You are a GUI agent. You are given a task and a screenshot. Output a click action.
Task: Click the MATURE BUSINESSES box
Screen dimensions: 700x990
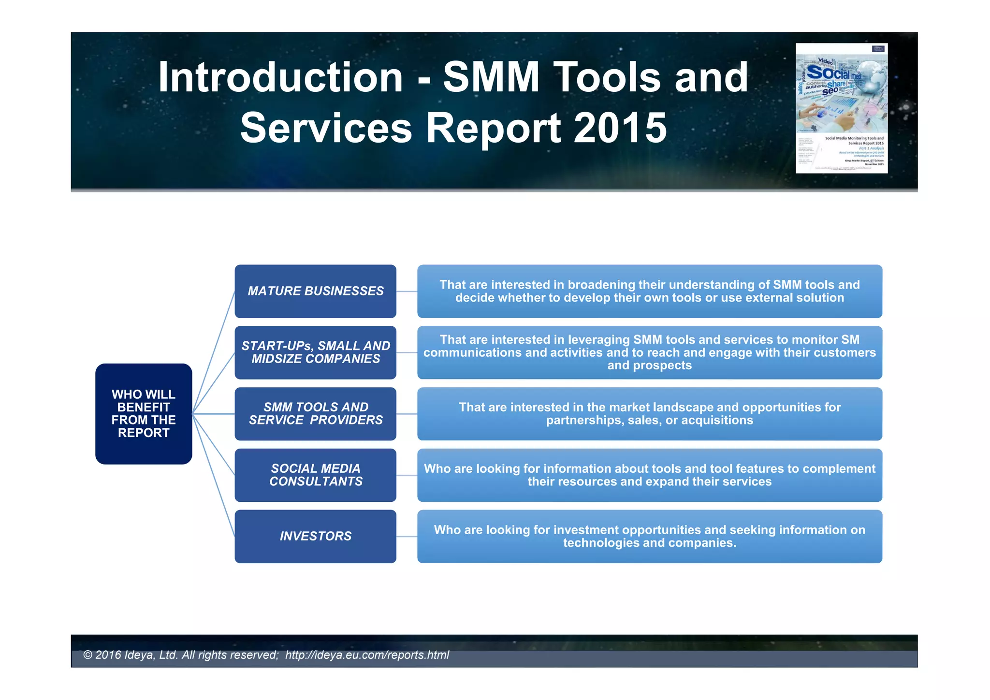click(315, 291)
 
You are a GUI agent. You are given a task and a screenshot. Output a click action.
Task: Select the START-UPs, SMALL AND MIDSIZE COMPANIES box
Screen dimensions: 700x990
click(315, 352)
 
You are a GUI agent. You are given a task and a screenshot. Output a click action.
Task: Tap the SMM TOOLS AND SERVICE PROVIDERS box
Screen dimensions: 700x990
click(315, 414)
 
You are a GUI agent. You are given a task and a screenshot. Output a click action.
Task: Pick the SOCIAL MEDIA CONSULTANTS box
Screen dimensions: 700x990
click(315, 475)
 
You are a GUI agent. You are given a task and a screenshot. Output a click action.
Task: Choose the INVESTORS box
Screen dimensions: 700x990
click(315, 536)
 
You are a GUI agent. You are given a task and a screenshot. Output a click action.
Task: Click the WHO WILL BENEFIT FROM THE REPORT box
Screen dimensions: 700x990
click(144, 414)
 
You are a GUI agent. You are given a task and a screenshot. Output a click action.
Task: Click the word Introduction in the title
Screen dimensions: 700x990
click(280, 77)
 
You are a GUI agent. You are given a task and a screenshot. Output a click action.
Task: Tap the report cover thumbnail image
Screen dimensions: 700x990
click(842, 108)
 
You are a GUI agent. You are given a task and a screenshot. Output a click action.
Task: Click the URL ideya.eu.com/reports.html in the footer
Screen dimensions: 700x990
click(367, 655)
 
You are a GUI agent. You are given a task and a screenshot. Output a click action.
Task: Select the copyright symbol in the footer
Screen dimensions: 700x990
click(87, 655)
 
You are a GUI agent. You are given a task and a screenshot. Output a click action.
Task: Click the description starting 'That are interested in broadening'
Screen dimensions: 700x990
click(649, 291)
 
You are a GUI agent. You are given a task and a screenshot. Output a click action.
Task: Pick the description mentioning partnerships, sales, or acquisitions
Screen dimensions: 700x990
click(649, 414)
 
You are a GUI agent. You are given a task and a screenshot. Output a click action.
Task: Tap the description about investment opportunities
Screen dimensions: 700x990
click(649, 536)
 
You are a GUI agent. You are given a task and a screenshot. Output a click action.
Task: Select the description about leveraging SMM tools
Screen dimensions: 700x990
click(649, 352)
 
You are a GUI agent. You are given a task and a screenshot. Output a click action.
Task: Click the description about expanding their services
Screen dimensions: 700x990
click(649, 475)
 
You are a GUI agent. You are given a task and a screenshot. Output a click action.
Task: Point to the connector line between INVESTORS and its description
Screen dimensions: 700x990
click(407, 537)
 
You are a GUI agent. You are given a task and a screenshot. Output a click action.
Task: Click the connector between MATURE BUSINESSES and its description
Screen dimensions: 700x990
click(407, 292)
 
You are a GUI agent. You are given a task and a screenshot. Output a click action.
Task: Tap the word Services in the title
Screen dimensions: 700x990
click(326, 128)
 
